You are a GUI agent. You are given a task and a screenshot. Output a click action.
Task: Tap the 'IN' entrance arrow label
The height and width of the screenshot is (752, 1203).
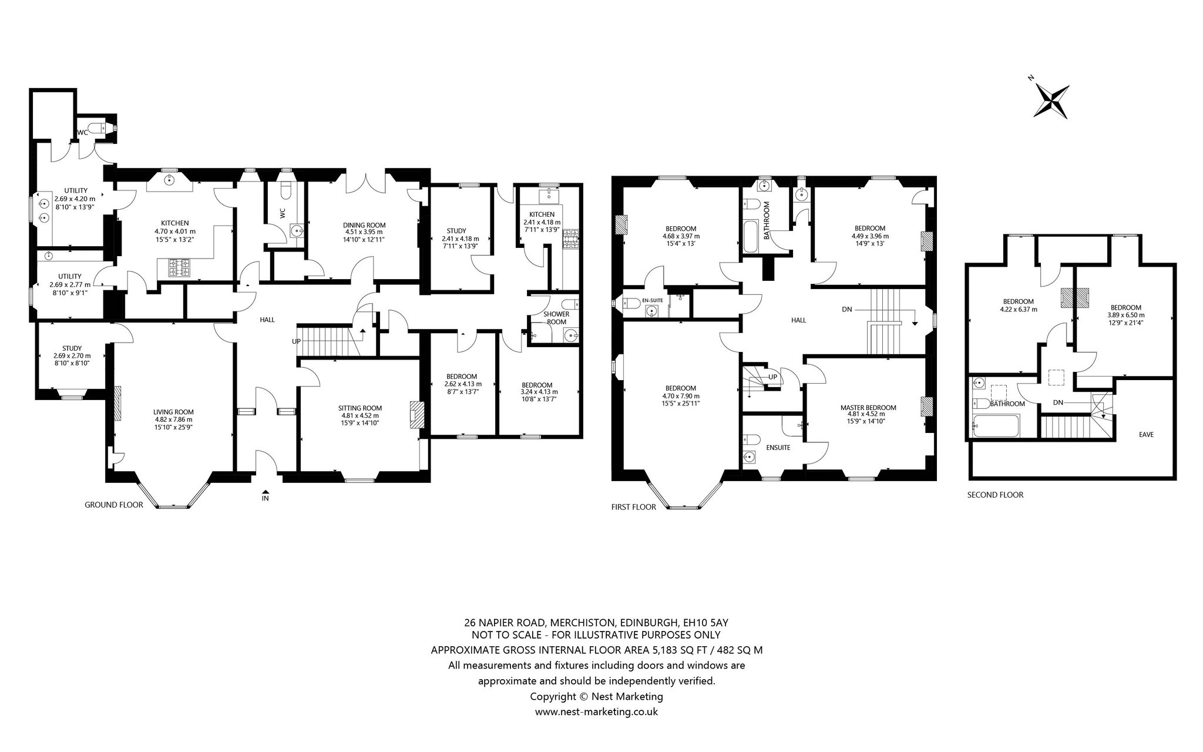click(x=266, y=498)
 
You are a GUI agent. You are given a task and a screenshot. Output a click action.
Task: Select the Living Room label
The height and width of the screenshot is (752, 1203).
click(x=173, y=412)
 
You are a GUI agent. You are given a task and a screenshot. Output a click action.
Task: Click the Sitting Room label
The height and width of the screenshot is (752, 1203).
click(x=360, y=408)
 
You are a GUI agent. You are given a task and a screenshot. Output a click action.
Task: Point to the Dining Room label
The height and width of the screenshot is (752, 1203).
click(x=364, y=225)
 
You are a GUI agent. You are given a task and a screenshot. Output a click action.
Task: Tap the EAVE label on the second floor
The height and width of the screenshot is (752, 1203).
click(x=1146, y=435)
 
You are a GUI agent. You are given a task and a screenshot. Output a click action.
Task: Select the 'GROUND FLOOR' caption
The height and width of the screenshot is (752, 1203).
click(x=114, y=505)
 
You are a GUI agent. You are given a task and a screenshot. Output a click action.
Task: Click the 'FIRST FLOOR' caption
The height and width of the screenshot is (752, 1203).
click(x=634, y=507)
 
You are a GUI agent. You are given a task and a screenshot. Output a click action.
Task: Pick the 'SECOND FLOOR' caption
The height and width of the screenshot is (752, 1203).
click(x=995, y=495)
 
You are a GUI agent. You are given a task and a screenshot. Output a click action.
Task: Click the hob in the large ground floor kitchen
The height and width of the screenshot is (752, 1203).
click(x=180, y=268)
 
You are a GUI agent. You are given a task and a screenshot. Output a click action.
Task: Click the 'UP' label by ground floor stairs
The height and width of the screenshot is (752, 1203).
click(x=297, y=341)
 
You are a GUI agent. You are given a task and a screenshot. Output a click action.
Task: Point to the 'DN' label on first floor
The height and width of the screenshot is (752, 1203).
click(x=846, y=309)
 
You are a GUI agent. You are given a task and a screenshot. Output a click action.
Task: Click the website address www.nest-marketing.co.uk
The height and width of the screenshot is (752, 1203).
click(x=596, y=712)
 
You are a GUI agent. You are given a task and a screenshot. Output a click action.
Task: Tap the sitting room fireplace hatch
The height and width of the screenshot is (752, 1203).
click(x=416, y=414)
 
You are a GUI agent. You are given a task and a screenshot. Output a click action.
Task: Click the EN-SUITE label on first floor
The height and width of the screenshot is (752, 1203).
click(x=652, y=301)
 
